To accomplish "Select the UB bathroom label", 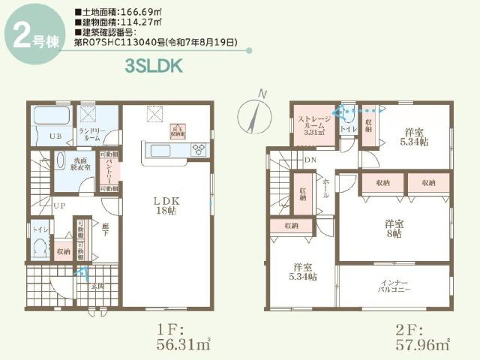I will (x=55, y=136).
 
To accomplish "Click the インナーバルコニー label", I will (x=394, y=285).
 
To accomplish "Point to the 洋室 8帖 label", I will (x=394, y=228).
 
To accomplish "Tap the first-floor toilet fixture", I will (x=40, y=247).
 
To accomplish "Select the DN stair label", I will (x=310, y=159).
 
